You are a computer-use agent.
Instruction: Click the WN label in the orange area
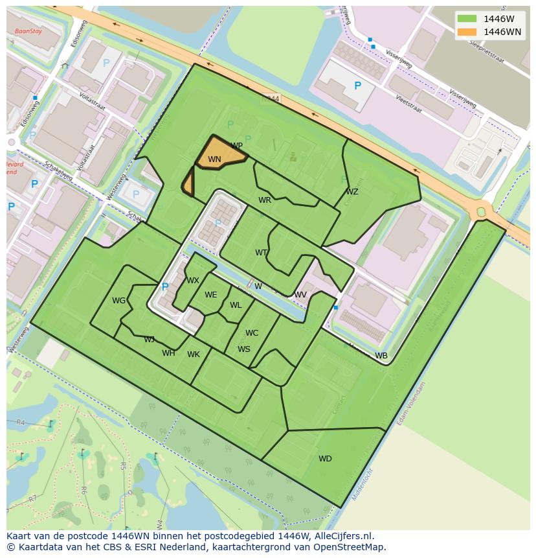tap(214, 159)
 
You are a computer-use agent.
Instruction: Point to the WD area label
tap(325, 459)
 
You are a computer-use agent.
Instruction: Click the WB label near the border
tap(381, 356)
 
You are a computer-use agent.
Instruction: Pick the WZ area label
tap(352, 192)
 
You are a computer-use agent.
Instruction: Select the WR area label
tap(265, 200)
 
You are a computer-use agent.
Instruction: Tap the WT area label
tap(261, 253)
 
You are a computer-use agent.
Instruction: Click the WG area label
tap(118, 301)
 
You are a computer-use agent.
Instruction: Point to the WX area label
tap(193, 281)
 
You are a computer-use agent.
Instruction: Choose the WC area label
tap(252, 333)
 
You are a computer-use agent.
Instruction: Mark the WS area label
tap(243, 349)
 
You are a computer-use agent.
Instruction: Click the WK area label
tap(194, 355)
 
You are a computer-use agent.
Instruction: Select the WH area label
tap(168, 353)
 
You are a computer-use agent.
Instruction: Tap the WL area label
tap(236, 305)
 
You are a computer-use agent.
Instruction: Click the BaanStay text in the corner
tap(28, 30)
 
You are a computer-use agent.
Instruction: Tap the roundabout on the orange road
tap(481, 211)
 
